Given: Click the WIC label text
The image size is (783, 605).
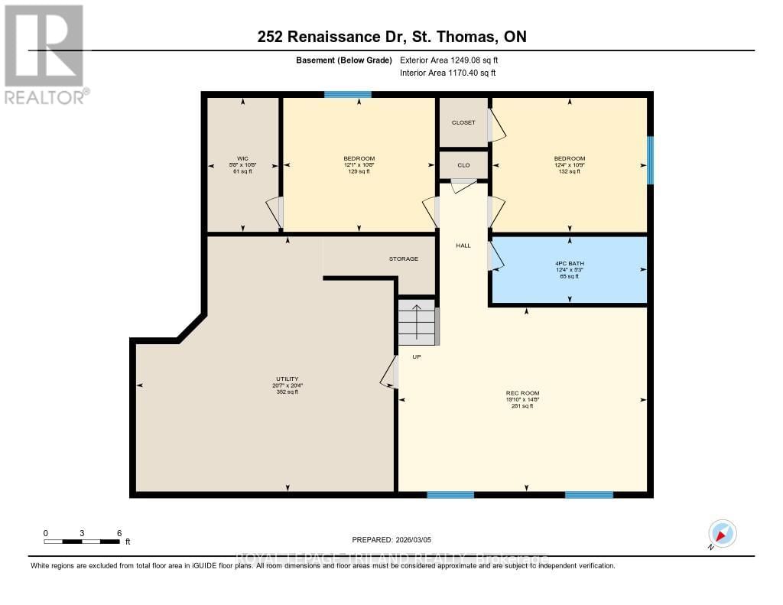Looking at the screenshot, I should (x=243, y=158).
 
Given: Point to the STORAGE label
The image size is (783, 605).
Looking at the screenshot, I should (x=403, y=259).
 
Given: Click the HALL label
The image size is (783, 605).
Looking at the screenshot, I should (x=463, y=246).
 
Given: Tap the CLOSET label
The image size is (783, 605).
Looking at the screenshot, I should (x=463, y=122).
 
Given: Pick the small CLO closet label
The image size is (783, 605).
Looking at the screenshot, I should (x=463, y=165).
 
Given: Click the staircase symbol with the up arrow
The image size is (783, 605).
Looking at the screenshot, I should (x=417, y=322).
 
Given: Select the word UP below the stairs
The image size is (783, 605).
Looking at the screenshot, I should (x=417, y=356).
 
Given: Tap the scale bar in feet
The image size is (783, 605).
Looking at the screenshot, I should (x=82, y=541).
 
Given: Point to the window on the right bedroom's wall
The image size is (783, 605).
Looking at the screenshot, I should (x=650, y=160).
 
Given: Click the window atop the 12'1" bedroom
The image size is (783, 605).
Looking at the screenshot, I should (x=347, y=95).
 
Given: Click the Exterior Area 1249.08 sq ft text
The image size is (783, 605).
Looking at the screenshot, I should (x=450, y=60).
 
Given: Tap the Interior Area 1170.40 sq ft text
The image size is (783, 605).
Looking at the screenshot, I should (x=448, y=73).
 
